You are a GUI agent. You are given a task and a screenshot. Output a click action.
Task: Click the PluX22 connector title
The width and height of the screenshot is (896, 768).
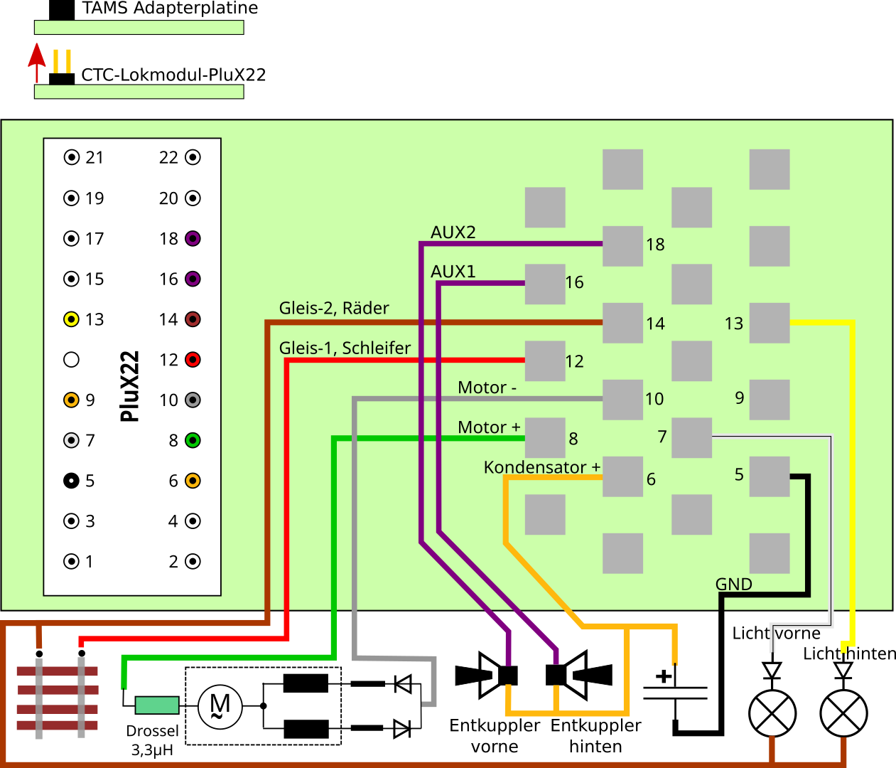click(x=129, y=386)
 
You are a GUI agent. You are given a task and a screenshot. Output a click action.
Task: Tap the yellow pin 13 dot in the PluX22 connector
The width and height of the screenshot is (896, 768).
click(x=71, y=319)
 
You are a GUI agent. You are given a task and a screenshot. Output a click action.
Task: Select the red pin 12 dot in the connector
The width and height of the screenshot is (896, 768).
click(x=193, y=360)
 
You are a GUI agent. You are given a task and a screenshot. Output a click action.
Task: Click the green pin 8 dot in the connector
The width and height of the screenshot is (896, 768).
click(x=193, y=440)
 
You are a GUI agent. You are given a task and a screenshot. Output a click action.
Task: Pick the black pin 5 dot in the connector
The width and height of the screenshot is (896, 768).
click(x=71, y=481)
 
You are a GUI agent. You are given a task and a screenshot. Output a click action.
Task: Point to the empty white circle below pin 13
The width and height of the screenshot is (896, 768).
click(x=71, y=360)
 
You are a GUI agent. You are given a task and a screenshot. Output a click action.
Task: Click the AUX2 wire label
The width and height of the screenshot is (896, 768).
click(x=453, y=233)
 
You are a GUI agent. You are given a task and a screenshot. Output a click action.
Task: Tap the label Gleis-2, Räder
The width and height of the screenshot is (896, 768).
click(x=334, y=308)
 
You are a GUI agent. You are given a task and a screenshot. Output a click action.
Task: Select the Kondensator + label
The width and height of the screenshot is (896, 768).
click(x=541, y=467)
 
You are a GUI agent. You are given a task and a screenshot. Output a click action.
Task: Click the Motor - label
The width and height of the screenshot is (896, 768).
click(x=487, y=388)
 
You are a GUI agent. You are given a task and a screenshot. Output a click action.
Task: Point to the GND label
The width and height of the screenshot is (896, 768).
click(x=733, y=584)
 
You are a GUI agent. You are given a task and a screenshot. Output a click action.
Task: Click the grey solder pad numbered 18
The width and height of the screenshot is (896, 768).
click(x=622, y=246)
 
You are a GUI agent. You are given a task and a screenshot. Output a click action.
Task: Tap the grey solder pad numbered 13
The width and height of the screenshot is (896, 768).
click(x=770, y=323)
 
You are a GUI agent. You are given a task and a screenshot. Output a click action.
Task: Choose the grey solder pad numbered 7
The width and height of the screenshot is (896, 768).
click(x=691, y=437)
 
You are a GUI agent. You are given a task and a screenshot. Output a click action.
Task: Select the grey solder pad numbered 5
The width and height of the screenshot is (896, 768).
click(x=770, y=476)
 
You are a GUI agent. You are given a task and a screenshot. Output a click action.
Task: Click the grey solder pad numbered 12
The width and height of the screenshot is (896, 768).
click(x=545, y=361)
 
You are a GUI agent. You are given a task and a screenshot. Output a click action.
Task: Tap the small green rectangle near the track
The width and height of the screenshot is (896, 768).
click(x=157, y=705)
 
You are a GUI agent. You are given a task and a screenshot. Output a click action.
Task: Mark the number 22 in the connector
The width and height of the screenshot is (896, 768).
click(x=168, y=157)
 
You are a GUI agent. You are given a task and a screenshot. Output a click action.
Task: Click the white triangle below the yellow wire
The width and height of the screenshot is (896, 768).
click(x=843, y=669)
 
